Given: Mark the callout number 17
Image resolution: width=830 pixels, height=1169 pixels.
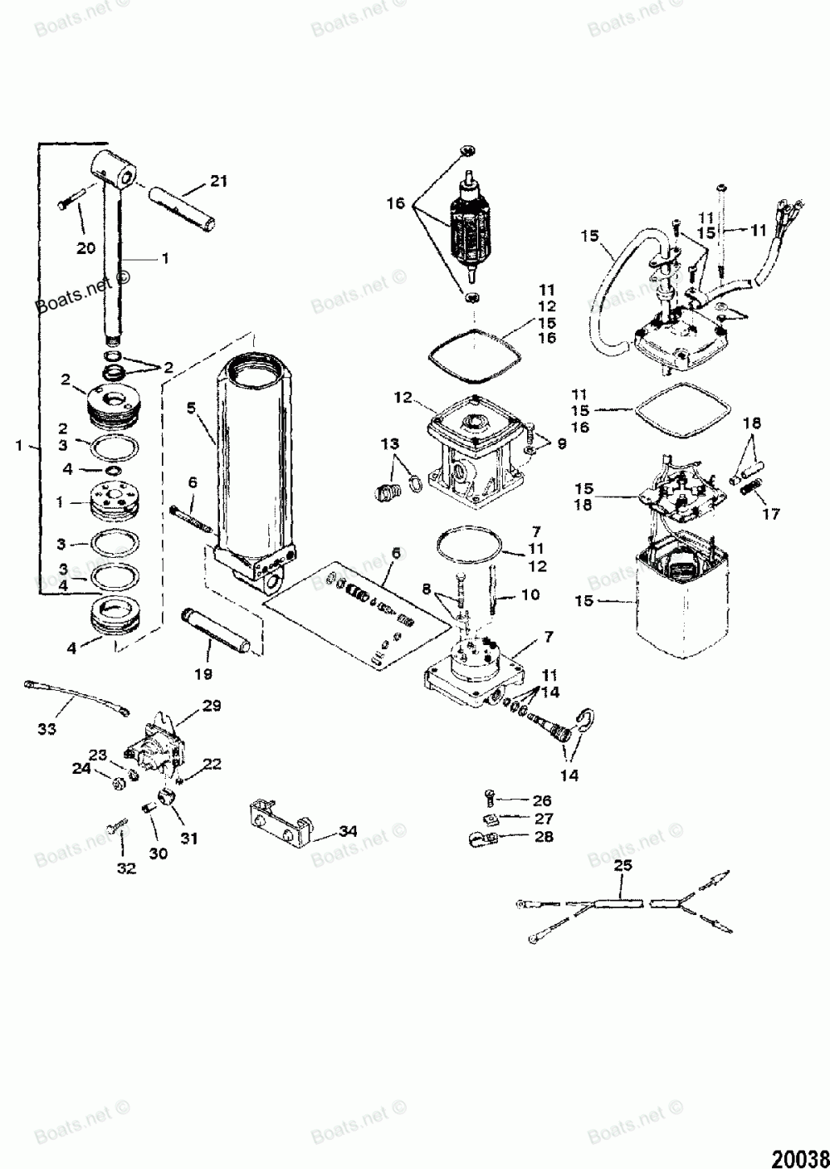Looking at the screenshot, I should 771,514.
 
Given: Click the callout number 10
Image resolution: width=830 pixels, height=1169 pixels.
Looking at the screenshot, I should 530,595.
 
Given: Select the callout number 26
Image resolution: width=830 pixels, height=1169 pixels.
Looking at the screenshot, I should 542,801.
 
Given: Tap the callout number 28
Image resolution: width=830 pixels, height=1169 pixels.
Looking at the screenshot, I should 544,838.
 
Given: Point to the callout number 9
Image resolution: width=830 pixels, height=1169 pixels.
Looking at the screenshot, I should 562,445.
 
